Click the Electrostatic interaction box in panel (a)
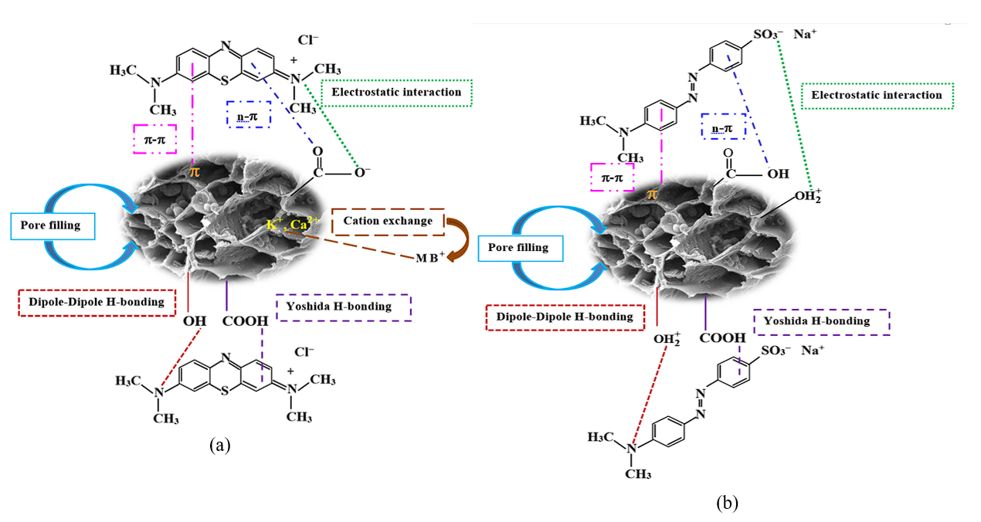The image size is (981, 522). click(396, 93)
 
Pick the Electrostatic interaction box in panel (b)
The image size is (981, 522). click(877, 96)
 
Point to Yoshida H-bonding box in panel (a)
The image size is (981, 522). click(343, 307)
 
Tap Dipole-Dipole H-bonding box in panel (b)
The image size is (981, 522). click(565, 317)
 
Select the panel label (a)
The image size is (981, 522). click(219, 444)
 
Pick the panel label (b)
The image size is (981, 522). click(727, 503)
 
